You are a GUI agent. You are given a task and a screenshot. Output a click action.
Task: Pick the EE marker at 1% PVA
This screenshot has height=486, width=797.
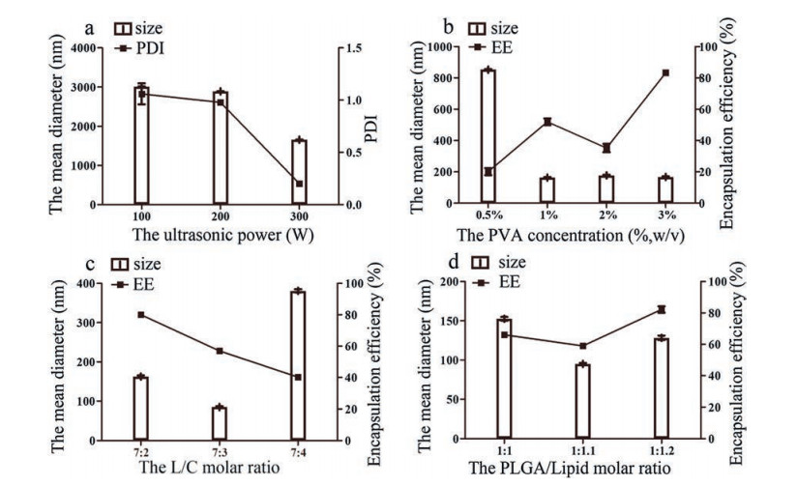click(x=547, y=122)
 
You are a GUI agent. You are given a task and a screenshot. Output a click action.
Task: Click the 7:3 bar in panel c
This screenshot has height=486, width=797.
click(x=220, y=423)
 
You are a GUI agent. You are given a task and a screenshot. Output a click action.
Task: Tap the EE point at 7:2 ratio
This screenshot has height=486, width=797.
click(x=141, y=315)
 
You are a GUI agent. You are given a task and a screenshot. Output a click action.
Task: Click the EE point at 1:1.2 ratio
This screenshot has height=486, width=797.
click(x=662, y=309)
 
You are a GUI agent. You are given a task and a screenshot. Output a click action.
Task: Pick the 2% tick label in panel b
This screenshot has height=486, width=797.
click(x=606, y=214)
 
